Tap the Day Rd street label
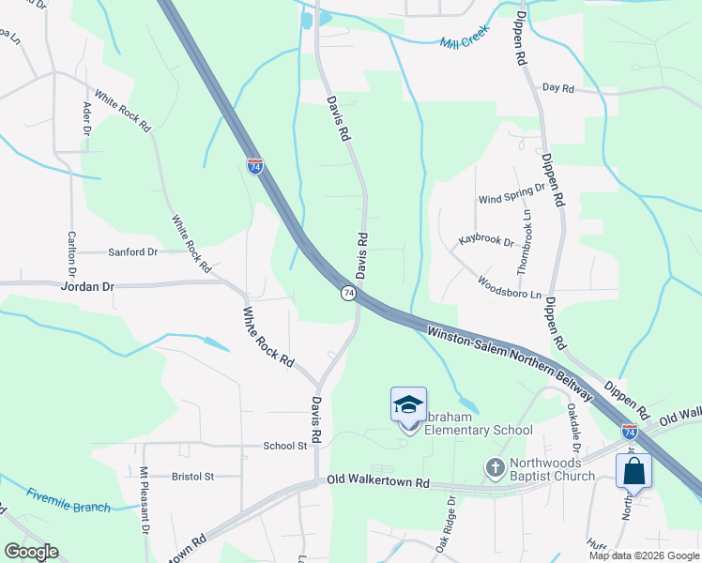pyautogui.click(x=557, y=87)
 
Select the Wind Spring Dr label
pyautogui.click(x=511, y=194)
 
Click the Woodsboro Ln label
pyautogui.click(x=510, y=287)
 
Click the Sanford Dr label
pyautogui.click(x=133, y=252)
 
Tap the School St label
pyautogui.click(x=285, y=447)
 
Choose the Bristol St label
pyautogui.click(x=193, y=477)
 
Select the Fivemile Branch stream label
pyautogui.click(x=68, y=500)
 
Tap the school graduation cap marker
pyautogui.click(x=408, y=404)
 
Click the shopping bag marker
pyautogui.click(x=633, y=470)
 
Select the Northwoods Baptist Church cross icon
pyautogui.click(x=496, y=466)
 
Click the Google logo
pyautogui.click(x=31, y=553)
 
